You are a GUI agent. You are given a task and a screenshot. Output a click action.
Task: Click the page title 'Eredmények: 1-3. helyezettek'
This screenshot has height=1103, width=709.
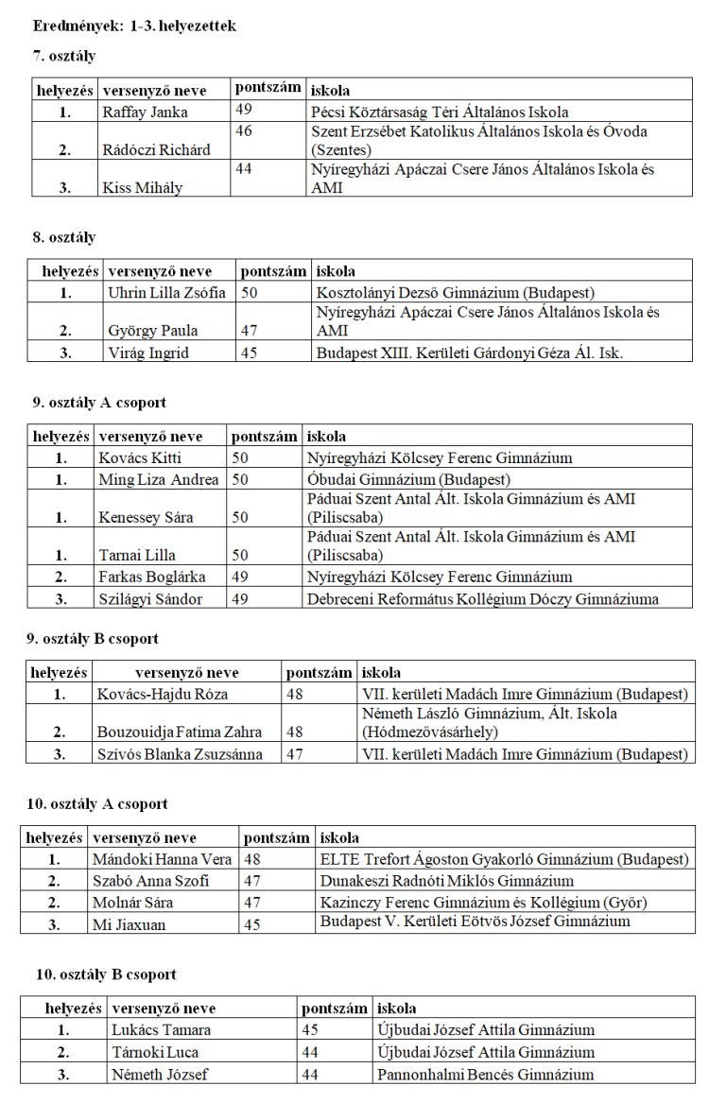133,26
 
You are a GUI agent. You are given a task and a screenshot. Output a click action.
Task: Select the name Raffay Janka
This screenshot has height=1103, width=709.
145,112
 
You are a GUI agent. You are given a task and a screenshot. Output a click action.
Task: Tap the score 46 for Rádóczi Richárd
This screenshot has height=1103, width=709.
244,131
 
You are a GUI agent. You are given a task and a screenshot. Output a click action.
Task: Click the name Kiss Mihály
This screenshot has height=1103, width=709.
143,187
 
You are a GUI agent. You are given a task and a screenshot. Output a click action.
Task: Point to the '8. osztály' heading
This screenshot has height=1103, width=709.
64,237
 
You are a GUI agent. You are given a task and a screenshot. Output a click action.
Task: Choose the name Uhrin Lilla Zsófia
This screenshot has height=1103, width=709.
167,293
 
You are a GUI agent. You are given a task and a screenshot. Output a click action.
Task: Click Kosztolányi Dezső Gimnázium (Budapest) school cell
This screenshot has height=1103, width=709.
456,293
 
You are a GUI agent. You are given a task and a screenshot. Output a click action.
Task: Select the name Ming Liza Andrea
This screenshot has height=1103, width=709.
158,479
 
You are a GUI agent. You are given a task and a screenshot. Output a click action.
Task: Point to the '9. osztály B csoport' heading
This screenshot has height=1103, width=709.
93,639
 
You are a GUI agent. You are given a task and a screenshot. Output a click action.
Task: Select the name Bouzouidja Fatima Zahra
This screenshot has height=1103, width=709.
179,732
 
